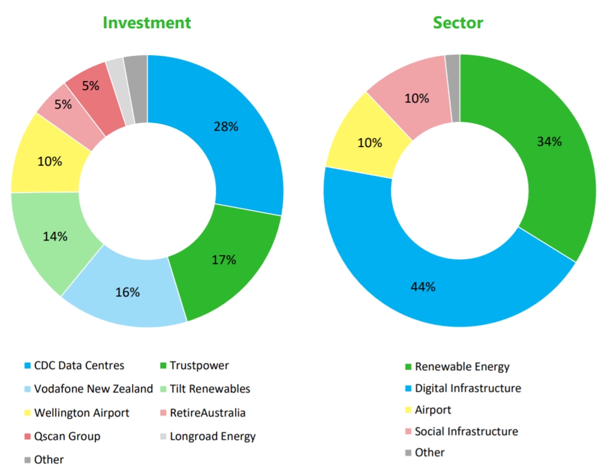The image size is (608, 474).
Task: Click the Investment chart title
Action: [x=147, y=23]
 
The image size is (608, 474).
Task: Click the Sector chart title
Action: [x=458, y=23]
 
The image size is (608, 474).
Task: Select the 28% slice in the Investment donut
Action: [x=226, y=127]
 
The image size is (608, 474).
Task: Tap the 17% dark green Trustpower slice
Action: [x=224, y=260]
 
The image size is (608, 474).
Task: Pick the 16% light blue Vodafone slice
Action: [x=127, y=292]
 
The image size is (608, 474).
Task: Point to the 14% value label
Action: [x=55, y=236]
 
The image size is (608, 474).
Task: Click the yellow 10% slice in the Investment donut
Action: [x=49, y=161]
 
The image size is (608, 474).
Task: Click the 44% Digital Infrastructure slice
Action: [x=423, y=287]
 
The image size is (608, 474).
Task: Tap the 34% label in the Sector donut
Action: [x=549, y=142]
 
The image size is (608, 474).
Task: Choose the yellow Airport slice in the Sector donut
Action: [x=370, y=143]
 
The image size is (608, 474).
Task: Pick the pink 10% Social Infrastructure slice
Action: [x=416, y=98]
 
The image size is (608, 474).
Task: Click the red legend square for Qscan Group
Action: [x=28, y=436]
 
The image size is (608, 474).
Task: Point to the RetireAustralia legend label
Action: [x=207, y=413]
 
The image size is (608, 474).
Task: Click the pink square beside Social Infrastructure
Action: [x=408, y=431]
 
